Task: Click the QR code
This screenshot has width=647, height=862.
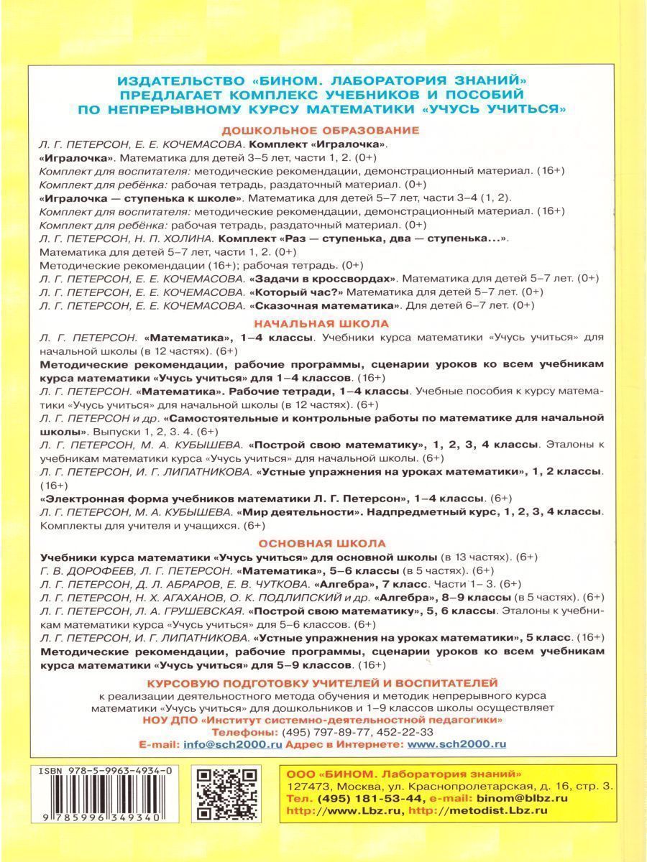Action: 227,794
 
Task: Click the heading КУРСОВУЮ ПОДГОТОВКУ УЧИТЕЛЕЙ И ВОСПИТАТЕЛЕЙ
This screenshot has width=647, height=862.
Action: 321,682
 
